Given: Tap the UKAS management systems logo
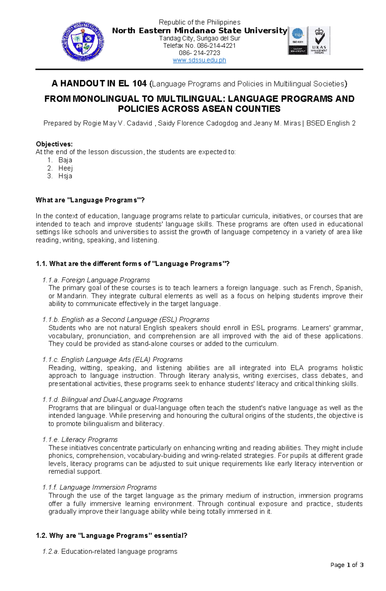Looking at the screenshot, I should pyautogui.click(x=319, y=41).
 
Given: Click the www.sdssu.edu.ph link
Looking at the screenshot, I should pyautogui.click(x=199, y=60).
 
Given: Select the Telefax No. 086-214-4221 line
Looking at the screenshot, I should pyautogui.click(x=199, y=45).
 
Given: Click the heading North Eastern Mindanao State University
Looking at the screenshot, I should pyautogui.click(x=199, y=31).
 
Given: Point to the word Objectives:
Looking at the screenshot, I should pyautogui.click(x=54, y=144).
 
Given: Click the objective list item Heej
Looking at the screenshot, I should pyautogui.click(x=66, y=168).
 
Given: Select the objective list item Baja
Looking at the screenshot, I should pyautogui.click(x=65, y=160).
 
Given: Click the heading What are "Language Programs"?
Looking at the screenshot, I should pyautogui.click(x=90, y=200).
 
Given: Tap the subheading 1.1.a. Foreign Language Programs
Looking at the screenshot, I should pyautogui.click(x=96, y=280).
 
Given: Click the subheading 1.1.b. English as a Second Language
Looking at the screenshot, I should pyautogui.click(x=126, y=319).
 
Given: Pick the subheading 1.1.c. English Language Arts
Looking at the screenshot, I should pyautogui.click(x=112, y=359).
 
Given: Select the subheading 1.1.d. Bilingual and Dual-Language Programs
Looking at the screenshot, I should pyautogui.click(x=112, y=399).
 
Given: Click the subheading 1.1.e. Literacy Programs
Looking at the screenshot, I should pyautogui.click(x=80, y=439).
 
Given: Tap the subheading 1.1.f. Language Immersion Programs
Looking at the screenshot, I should pyautogui.click(x=99, y=487).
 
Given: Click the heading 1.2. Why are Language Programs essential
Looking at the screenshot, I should pyautogui.click(x=111, y=535).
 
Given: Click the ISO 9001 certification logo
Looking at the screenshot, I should pyautogui.click(x=298, y=41).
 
